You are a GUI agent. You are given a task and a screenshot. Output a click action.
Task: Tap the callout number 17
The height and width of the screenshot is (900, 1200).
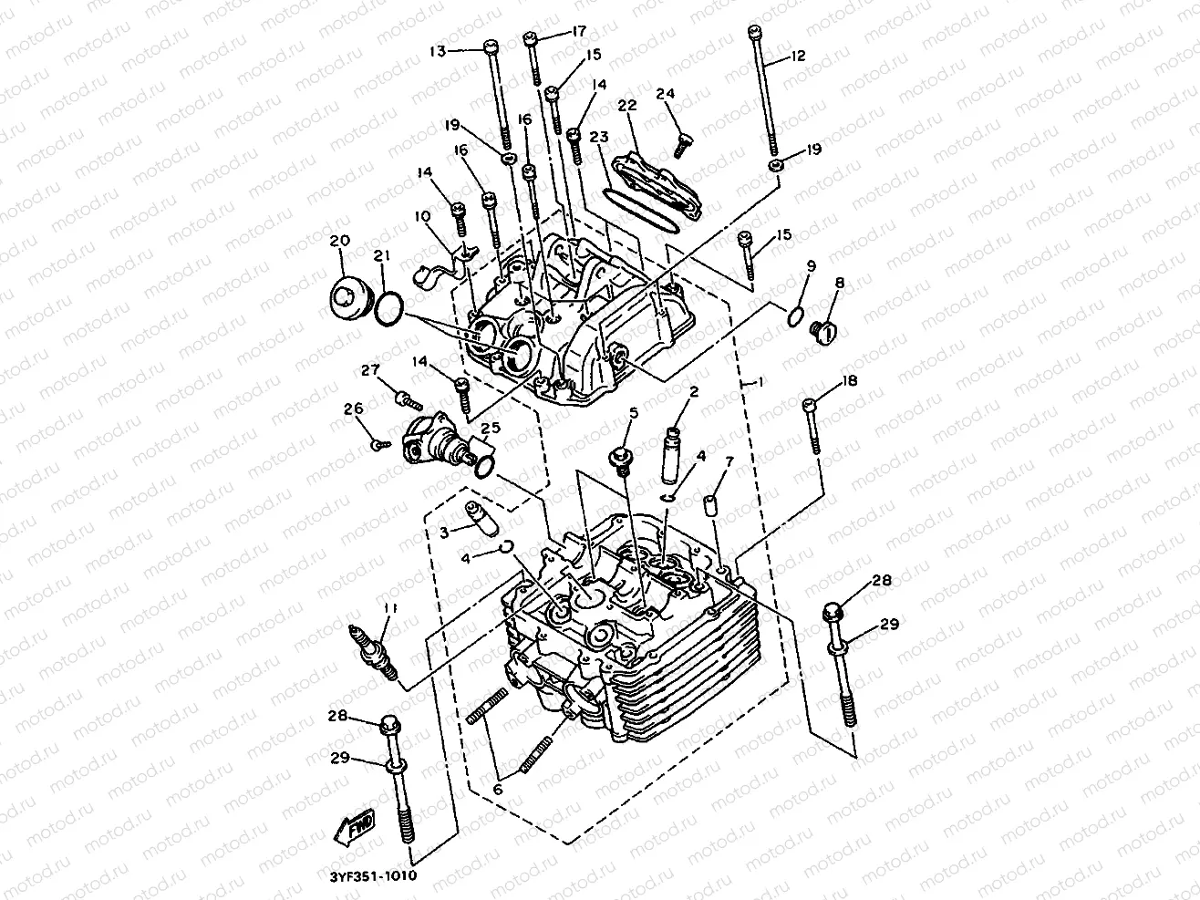(x=579, y=31)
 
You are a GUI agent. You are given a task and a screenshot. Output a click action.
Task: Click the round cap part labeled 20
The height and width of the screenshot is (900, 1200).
(x=347, y=297)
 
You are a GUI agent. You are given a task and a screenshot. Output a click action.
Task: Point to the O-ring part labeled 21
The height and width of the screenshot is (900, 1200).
(x=388, y=308)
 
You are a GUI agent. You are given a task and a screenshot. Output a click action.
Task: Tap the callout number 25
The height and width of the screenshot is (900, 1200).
(x=491, y=429)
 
